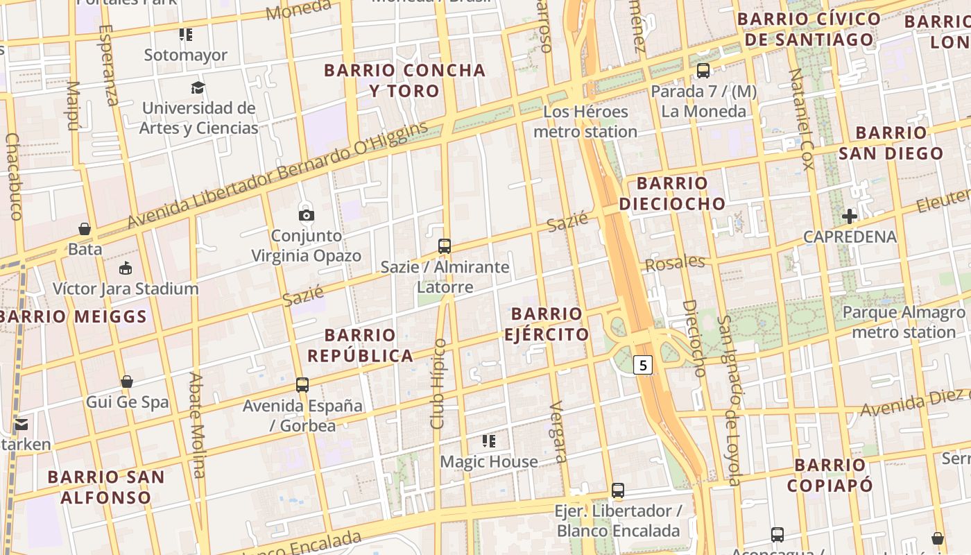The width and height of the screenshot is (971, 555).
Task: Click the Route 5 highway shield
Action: coord(644,364)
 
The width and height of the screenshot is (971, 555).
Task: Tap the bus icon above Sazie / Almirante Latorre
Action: coord(445,246)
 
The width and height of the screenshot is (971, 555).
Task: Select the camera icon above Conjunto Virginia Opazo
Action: coord(306,214)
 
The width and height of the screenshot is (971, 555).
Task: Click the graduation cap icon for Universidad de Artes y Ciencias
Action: coord(198,87)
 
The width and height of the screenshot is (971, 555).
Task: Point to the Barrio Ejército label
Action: coord(547,324)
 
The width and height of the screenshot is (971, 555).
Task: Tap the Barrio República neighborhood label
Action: coord(361,345)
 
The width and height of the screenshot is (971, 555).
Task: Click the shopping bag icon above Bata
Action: coord(85,228)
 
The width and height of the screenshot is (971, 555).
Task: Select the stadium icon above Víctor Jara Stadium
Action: coord(126,268)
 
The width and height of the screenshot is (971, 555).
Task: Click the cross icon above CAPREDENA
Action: coord(850,216)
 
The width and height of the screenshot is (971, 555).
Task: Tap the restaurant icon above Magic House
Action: coord(489,441)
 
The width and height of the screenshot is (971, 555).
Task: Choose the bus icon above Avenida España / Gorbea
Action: coord(302,384)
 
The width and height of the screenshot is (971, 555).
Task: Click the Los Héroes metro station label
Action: coord(585,121)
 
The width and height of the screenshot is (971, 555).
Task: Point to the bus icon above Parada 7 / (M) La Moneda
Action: coord(703,70)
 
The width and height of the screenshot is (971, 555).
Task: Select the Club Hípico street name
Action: coord(438,384)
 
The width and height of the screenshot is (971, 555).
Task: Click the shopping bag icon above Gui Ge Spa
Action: coord(127,382)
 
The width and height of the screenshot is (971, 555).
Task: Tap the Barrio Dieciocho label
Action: coord(672,194)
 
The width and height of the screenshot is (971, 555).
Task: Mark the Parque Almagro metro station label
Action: coord(903,322)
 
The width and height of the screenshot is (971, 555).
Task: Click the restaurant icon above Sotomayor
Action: coord(185,34)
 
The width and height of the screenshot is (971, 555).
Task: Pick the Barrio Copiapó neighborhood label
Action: coord(830,475)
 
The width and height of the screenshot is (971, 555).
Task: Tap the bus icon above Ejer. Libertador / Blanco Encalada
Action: coord(618,490)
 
